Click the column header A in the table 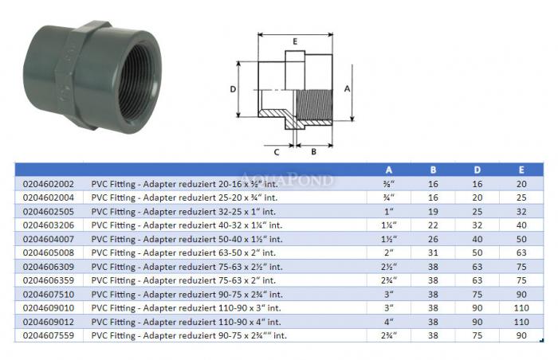click(x=389, y=170)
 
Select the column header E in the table click(x=521, y=170)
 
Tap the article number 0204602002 click(x=49, y=184)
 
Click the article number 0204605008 click(x=49, y=253)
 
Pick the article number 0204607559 click(x=49, y=335)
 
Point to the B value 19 click(x=433, y=212)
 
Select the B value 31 click(x=433, y=253)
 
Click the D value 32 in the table click(x=477, y=225)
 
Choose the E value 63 click(x=521, y=253)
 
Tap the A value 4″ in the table click(x=389, y=322)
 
